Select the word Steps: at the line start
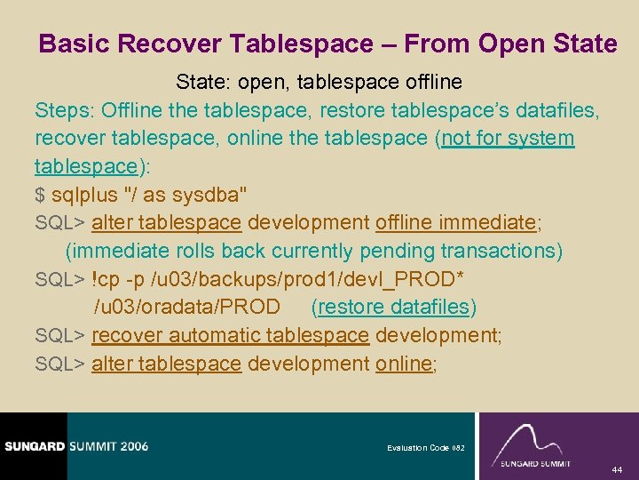pyautogui.click(x=65, y=111)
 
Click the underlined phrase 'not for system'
pyautogui.click(x=508, y=140)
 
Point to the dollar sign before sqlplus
pyautogui.click(x=40, y=195)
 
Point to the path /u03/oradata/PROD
pyautogui.click(x=187, y=308)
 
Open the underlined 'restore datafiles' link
pyautogui.click(x=394, y=308)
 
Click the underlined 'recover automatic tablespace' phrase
pyautogui.click(x=230, y=336)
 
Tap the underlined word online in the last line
pyautogui.click(x=403, y=364)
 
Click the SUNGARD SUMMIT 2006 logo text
pyautogui.click(x=76, y=446)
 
